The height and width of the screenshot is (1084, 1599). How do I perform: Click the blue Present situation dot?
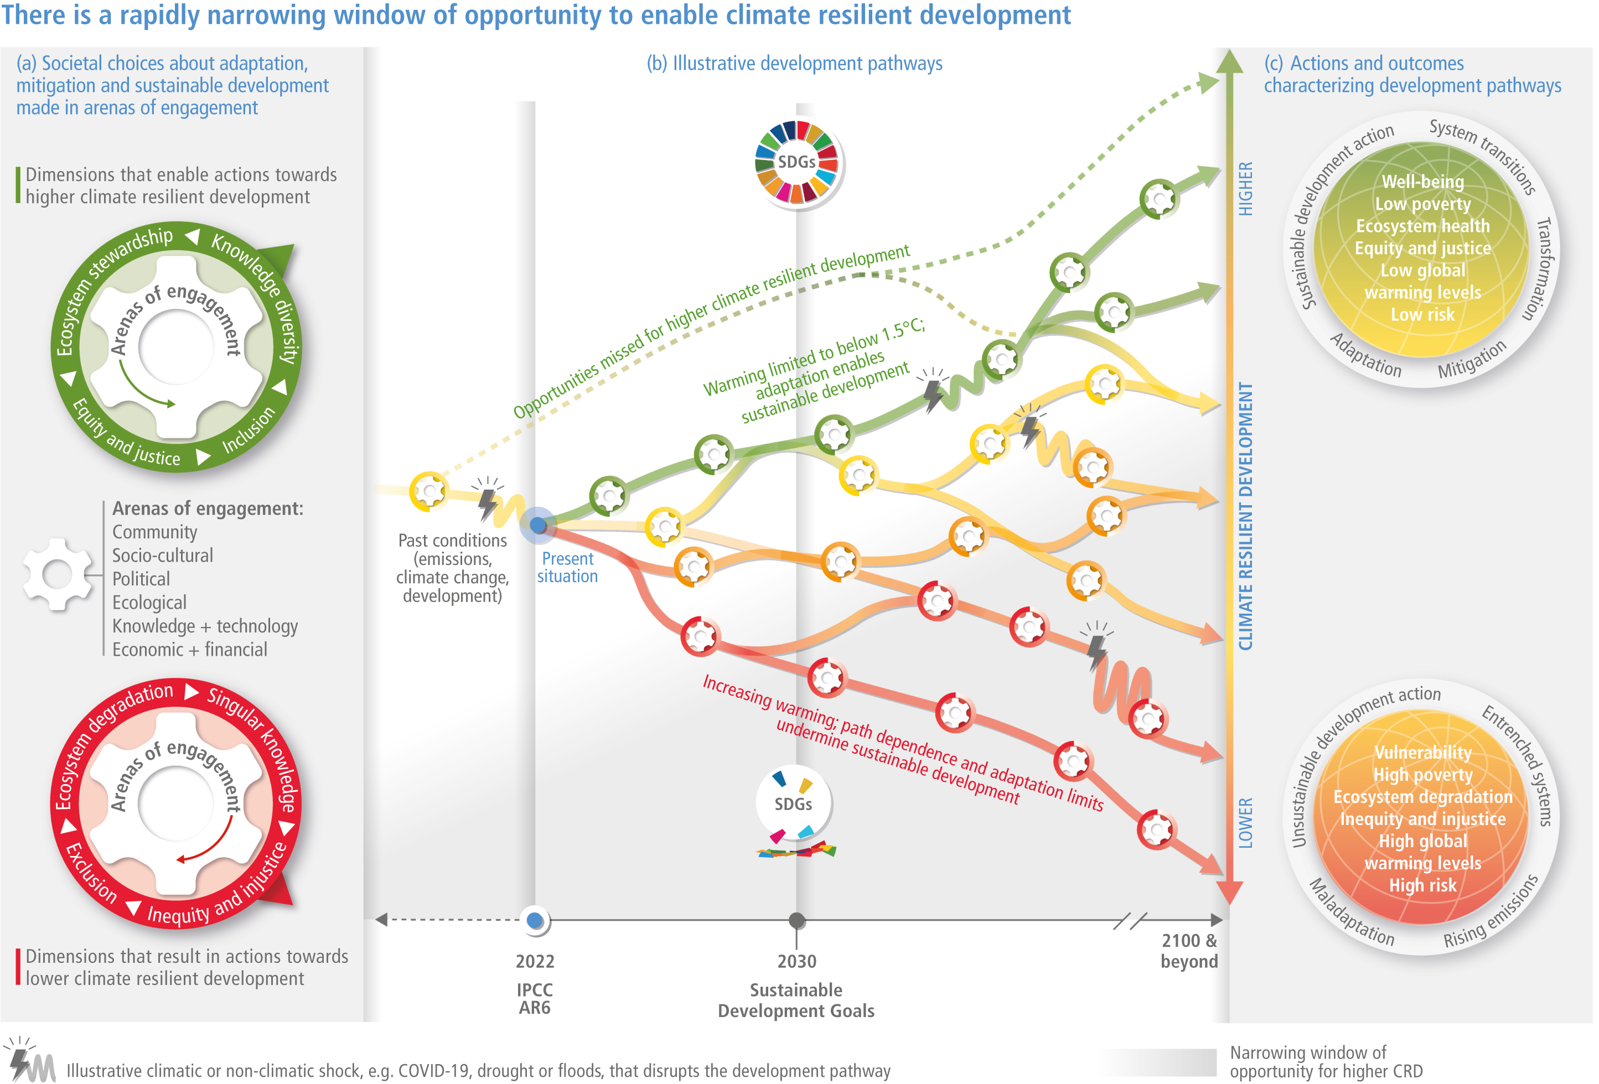point(538,526)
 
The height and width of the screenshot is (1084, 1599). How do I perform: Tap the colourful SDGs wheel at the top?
point(797,162)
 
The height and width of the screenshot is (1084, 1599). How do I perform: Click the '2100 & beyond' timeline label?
point(1189,951)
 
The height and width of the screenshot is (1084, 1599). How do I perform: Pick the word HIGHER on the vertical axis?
point(1245,189)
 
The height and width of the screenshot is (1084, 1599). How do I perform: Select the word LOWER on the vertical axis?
point(1245,823)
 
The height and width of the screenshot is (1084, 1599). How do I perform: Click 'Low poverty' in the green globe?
point(1423,204)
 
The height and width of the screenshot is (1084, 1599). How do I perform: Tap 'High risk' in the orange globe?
point(1423,885)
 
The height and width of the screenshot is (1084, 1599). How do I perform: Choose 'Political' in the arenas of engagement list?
point(141,579)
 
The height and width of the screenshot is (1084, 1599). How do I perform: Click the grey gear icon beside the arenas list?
point(57,574)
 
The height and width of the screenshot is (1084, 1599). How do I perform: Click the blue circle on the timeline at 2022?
point(535,920)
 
